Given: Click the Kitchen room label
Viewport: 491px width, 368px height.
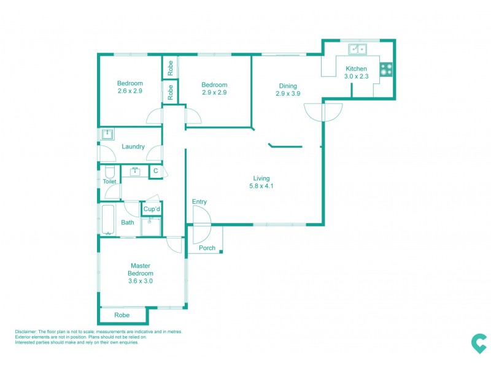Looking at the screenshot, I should pyautogui.click(x=356, y=69).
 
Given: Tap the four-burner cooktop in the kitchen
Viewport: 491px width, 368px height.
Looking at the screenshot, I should pyautogui.click(x=386, y=69).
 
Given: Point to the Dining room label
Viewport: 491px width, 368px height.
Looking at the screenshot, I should pyautogui.click(x=288, y=86).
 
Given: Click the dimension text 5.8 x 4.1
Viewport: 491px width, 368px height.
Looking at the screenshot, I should pyautogui.click(x=261, y=186).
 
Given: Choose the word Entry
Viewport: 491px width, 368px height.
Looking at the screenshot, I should pyautogui.click(x=199, y=202).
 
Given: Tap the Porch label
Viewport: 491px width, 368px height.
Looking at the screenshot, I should pyautogui.click(x=207, y=248).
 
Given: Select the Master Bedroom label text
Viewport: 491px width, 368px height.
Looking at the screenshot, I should pyautogui.click(x=141, y=269).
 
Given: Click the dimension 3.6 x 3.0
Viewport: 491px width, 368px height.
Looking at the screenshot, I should pyautogui.click(x=141, y=281).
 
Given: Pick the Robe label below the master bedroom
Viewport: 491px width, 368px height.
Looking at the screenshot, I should pyautogui.click(x=122, y=315).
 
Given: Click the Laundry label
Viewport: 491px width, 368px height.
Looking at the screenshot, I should pyautogui.click(x=133, y=147).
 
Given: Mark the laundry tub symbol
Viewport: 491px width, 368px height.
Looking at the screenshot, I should pyautogui.click(x=108, y=134).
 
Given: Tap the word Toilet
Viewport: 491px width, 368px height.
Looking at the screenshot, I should pyautogui.click(x=109, y=182).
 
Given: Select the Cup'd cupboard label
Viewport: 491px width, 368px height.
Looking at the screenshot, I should pyautogui.click(x=152, y=210).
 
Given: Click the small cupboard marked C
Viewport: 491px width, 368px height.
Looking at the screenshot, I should pyautogui.click(x=156, y=171).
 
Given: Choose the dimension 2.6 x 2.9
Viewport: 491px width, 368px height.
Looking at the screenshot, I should pyautogui.click(x=130, y=91).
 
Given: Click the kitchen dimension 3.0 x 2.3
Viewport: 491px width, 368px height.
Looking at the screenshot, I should pyautogui.click(x=356, y=77).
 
